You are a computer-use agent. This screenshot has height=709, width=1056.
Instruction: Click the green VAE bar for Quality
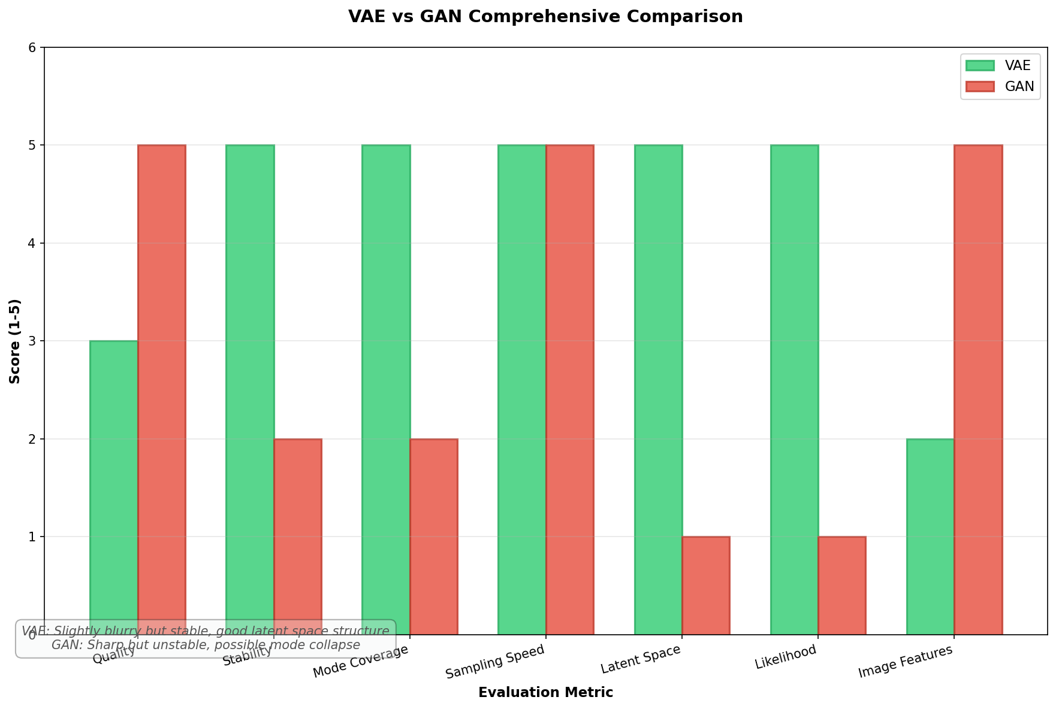[x=114, y=479]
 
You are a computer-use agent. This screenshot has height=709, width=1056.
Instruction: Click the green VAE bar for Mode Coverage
[x=386, y=389]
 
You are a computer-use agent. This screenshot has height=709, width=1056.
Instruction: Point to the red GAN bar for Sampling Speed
[x=570, y=389]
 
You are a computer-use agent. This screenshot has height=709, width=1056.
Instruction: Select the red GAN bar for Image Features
[x=978, y=389]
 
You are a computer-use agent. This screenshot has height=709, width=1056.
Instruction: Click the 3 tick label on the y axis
[x=33, y=341]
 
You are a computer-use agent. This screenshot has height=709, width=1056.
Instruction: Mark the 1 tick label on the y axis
[x=33, y=537]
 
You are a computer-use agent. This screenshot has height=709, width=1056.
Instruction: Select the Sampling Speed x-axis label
[x=495, y=662]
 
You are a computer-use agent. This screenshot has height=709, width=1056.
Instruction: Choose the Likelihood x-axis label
[x=786, y=658]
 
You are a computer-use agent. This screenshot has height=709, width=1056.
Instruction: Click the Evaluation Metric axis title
[x=545, y=693]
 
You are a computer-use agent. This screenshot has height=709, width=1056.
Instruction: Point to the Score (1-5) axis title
[x=15, y=341]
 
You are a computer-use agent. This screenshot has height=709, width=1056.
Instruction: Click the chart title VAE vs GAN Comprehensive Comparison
[x=545, y=16]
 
